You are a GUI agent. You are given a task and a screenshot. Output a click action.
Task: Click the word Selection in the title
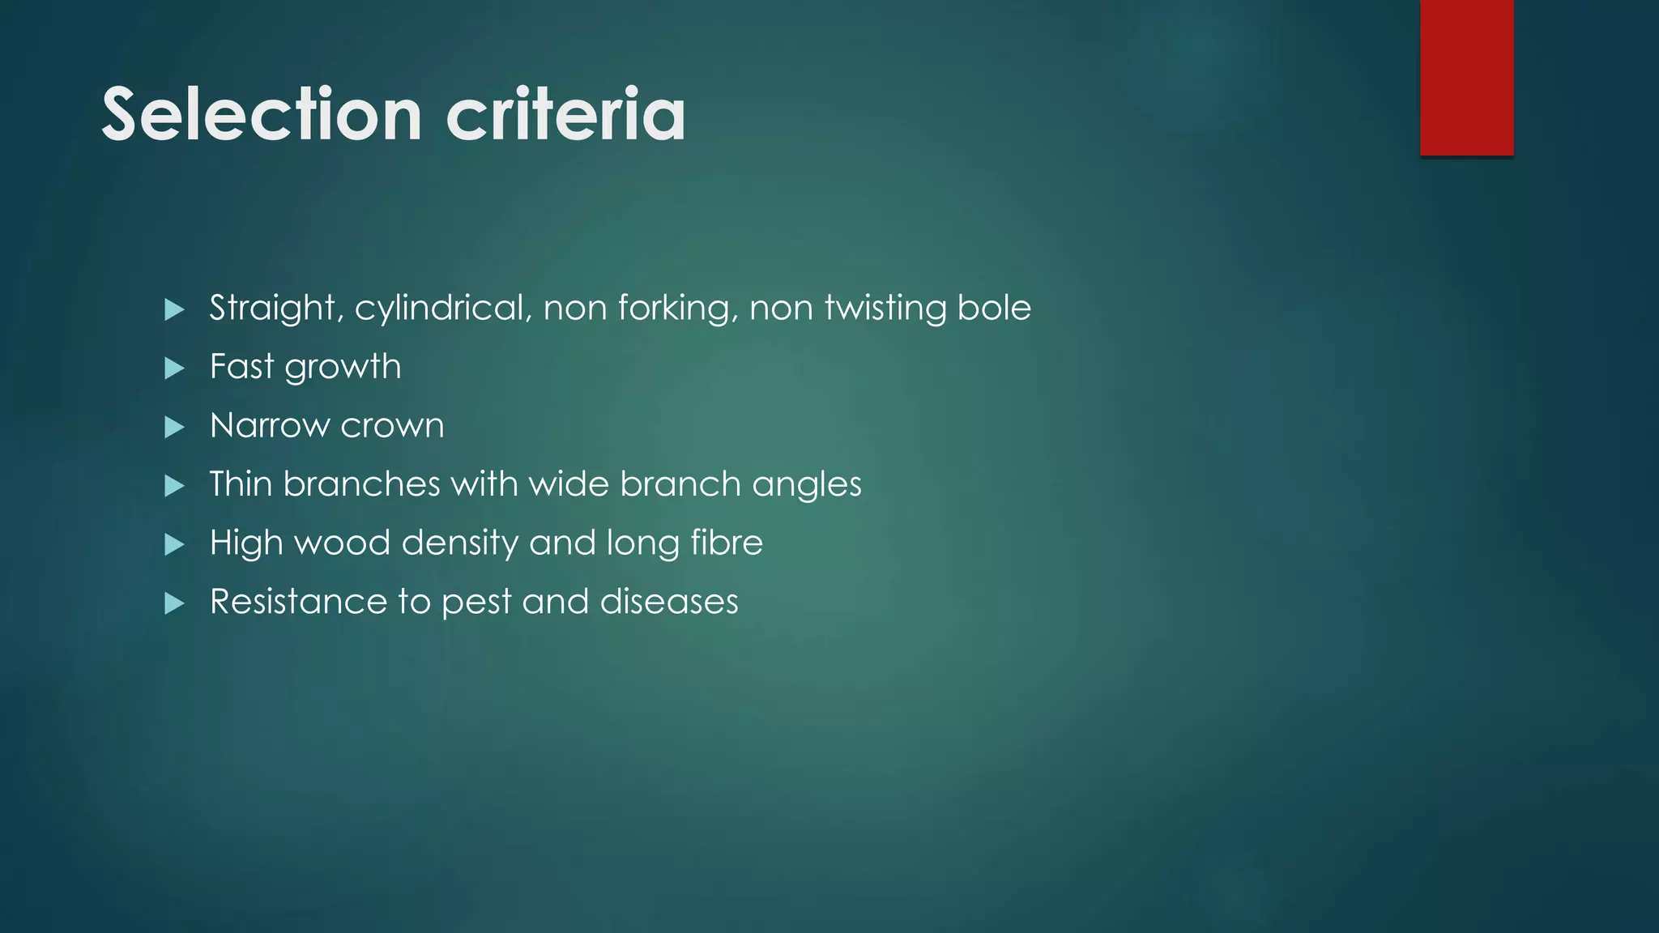[x=262, y=114]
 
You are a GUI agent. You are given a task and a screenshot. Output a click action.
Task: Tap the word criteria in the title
[x=565, y=114]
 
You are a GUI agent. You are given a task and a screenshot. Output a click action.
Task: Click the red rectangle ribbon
[x=1466, y=77]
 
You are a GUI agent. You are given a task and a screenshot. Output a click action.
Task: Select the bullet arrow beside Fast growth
[x=174, y=369]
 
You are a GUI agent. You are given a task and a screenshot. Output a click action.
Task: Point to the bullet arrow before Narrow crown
[x=174, y=427]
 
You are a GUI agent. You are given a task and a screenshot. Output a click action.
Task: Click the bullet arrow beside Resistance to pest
[x=174, y=603]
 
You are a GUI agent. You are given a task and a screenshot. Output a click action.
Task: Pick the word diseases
[x=669, y=602]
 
